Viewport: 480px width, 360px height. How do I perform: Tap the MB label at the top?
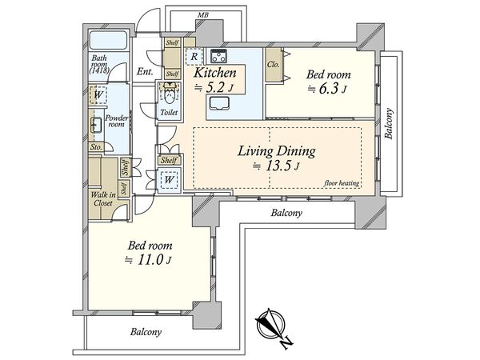(203, 14)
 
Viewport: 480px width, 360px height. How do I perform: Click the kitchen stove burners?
(218, 56)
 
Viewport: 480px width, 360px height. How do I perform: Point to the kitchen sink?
(218, 103)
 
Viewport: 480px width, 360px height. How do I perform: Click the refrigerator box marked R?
(194, 57)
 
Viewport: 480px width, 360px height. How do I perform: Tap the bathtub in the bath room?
(108, 40)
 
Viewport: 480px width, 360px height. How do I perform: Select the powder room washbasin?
(97, 126)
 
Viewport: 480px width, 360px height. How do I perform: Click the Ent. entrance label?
(145, 72)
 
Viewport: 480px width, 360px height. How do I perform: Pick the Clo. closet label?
(274, 65)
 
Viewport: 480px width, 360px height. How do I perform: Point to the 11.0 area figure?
(150, 260)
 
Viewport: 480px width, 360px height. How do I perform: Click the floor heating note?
(342, 183)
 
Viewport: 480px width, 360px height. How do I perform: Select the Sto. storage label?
(96, 147)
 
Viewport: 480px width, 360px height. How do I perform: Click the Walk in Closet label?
(103, 199)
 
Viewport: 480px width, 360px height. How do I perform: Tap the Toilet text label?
(169, 112)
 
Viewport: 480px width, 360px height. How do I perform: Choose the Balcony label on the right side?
(389, 124)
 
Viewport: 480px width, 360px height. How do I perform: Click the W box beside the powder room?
(98, 94)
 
